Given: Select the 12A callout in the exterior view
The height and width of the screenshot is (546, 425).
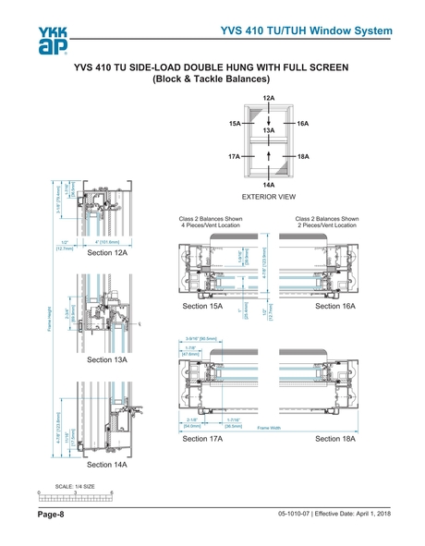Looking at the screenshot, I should [268, 98].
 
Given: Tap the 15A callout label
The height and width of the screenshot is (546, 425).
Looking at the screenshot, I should [235, 122].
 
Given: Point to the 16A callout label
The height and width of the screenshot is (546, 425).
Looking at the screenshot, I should [302, 122].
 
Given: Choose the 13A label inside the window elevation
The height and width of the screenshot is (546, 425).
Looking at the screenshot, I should [268, 132].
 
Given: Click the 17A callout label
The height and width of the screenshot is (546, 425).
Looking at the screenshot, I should [235, 157].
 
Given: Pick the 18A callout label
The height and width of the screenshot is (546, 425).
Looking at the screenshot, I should [302, 157].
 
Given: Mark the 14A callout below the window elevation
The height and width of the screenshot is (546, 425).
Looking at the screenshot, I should [268, 185].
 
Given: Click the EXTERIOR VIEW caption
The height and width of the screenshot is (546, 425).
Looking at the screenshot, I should [268, 198].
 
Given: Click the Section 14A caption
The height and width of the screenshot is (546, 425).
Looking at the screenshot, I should [107, 464].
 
